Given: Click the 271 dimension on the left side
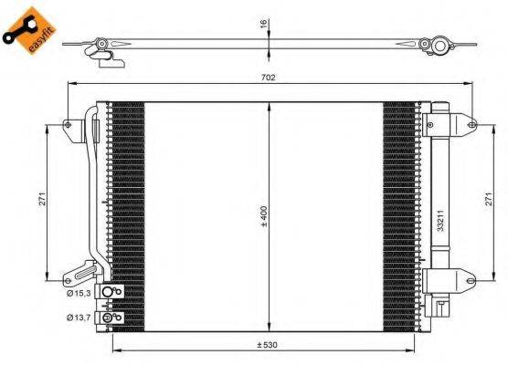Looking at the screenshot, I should click(42, 202).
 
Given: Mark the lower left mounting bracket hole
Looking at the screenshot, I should click(67, 278).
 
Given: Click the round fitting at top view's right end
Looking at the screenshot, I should click(440, 45).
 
